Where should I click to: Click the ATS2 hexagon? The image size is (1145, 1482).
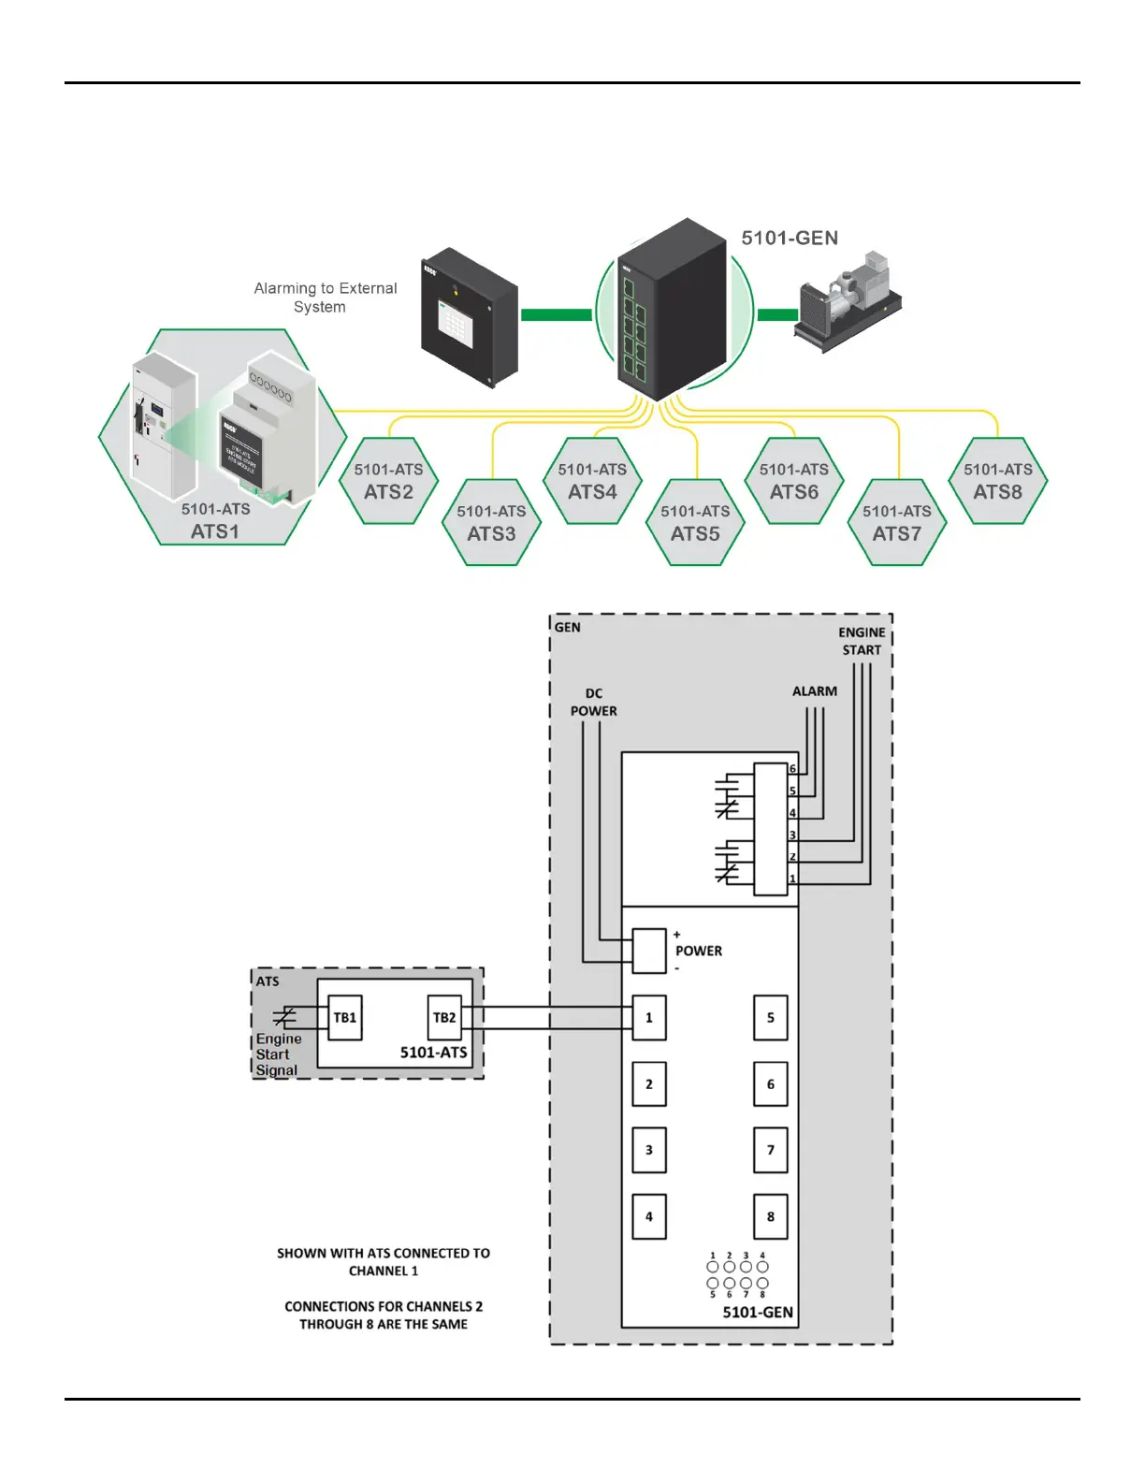click(388, 481)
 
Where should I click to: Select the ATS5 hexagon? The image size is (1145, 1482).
click(695, 523)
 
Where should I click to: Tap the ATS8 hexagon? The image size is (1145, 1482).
click(997, 481)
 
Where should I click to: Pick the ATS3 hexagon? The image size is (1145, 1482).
click(491, 523)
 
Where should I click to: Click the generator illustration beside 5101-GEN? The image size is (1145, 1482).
click(848, 301)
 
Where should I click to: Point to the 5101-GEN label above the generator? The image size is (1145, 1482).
click(790, 239)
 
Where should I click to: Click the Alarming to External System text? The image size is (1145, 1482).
click(325, 298)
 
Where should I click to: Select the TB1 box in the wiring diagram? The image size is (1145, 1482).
click(345, 1018)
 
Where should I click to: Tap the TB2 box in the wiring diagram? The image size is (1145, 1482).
click(444, 1018)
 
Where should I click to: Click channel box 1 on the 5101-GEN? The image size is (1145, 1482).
click(649, 1018)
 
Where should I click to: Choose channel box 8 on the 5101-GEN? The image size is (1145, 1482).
click(771, 1216)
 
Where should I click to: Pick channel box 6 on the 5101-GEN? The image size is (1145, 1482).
click(771, 1084)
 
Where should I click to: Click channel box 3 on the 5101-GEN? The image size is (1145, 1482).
click(649, 1151)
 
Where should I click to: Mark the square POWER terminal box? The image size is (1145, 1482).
click(649, 951)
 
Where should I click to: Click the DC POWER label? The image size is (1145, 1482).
click(593, 703)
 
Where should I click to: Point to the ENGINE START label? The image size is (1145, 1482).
click(862, 641)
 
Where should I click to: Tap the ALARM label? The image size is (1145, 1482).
click(815, 691)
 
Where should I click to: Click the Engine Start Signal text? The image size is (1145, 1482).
click(278, 1054)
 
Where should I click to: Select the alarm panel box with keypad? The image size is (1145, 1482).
click(470, 317)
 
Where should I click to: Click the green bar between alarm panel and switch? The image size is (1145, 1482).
click(556, 314)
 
